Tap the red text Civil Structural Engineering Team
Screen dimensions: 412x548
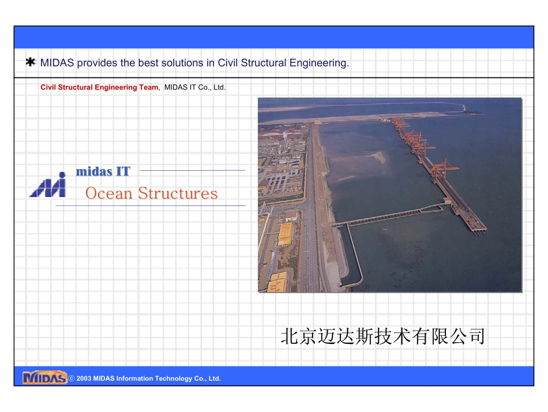pos(99,88)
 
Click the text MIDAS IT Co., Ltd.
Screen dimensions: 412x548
pos(195,88)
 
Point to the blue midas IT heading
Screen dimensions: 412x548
pos(103,171)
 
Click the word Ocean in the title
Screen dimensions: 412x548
pos(108,193)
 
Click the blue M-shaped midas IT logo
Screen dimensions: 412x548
pos(48,186)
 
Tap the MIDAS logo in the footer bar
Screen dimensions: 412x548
pos(44,378)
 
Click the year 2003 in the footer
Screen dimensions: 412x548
pos(84,379)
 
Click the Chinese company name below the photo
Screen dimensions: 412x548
pos(382,336)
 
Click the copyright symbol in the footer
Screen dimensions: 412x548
pos(72,379)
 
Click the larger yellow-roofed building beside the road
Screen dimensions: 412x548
pos(285,233)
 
